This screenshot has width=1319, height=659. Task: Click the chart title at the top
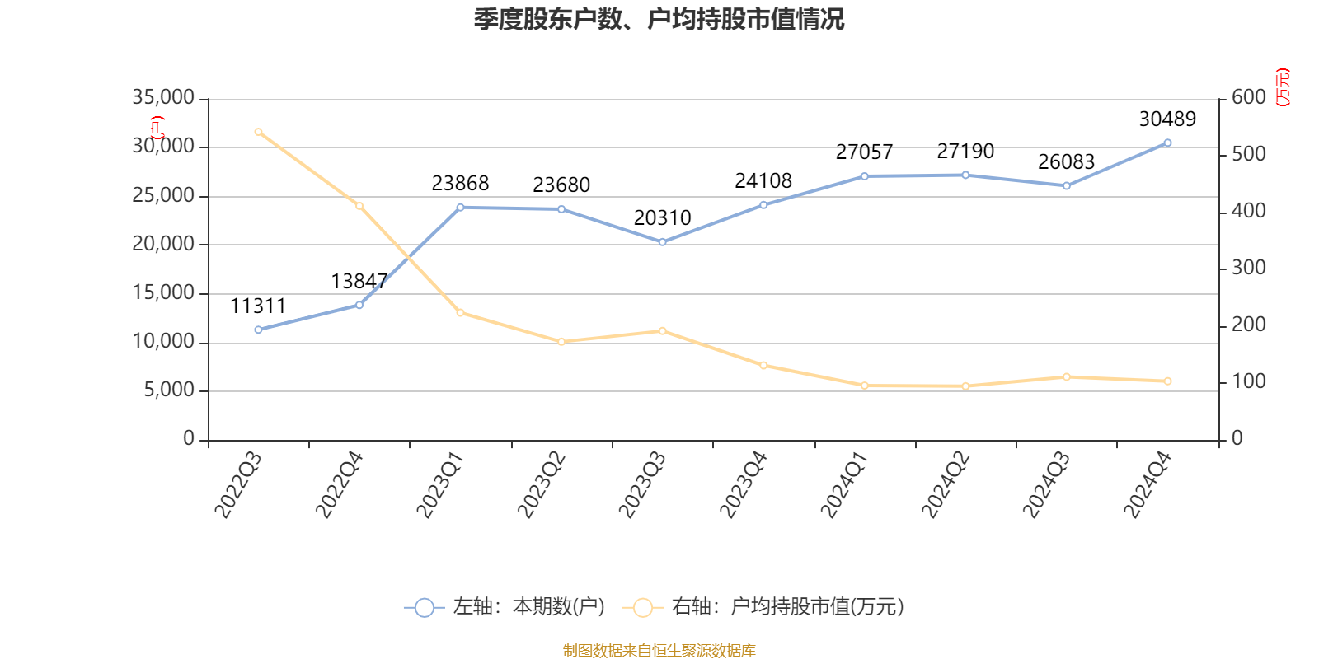[659, 20]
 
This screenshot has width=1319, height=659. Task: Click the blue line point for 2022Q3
[258, 329]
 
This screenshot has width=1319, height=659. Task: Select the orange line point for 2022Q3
[258, 132]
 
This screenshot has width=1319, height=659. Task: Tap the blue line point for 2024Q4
[1167, 143]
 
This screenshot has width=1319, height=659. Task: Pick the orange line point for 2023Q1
[460, 313]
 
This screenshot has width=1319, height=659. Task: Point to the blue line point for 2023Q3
[663, 242]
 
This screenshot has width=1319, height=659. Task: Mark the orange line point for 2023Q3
[663, 331]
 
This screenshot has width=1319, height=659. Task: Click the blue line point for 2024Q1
[865, 176]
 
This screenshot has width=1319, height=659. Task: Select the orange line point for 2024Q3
[1067, 377]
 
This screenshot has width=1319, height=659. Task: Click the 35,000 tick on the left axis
[163, 98]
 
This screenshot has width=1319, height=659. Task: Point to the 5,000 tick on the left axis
[168, 390]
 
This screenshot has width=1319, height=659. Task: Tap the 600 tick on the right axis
[1249, 98]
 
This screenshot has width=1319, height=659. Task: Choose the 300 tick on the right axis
[1249, 269]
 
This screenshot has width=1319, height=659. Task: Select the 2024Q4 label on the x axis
[1148, 486]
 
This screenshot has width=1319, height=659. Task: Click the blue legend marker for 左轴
[424, 608]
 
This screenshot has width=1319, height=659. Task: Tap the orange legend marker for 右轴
[642, 608]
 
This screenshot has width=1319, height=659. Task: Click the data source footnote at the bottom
[659, 651]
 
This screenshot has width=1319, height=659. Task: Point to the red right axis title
[1283, 88]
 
